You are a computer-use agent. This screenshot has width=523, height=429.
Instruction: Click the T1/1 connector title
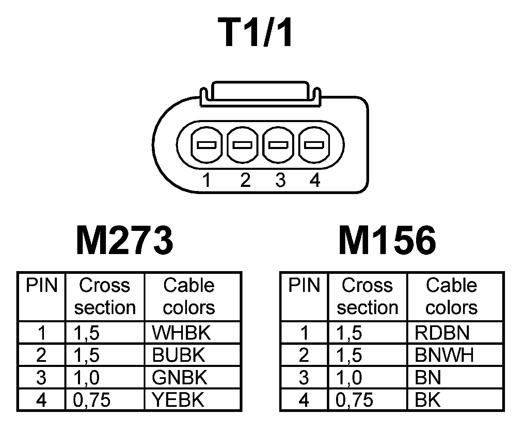pos(258,33)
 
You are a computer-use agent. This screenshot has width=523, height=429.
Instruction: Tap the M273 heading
pos(124,240)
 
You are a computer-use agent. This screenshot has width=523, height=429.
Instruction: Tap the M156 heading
pos(387,240)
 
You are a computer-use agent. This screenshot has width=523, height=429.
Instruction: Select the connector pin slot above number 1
pos(206,145)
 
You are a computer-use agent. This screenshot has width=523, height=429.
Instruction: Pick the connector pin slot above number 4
pos(314,145)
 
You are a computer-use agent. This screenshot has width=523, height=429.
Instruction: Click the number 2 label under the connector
pos(245,180)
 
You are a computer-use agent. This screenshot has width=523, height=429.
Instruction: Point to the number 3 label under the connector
pos(280,180)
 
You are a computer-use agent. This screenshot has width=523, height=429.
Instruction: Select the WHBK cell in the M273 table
pos(181,332)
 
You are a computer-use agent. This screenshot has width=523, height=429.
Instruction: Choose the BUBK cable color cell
pos(178,355)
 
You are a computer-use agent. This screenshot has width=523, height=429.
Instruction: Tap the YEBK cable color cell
pos(178,400)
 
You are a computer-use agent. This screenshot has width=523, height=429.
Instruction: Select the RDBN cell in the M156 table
pos(442,332)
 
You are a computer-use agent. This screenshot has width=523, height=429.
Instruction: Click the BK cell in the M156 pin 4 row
pos(428,400)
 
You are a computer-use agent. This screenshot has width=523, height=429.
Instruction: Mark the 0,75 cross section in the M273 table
pos(92,400)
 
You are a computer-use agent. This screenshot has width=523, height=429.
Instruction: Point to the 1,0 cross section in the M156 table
pos(349,378)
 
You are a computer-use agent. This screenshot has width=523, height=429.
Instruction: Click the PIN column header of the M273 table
pos(42,285)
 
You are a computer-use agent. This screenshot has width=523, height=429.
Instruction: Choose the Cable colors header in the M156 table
pos(451,296)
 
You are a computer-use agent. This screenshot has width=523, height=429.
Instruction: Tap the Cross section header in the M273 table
pos(105,296)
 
